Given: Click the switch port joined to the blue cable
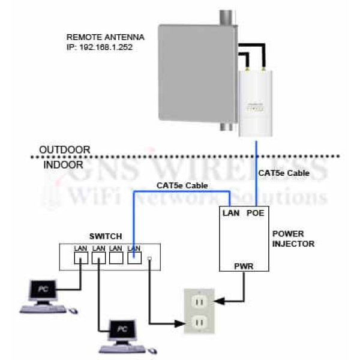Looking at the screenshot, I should pyautogui.click(x=134, y=259).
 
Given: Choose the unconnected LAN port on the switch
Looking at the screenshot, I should pyautogui.click(x=116, y=259).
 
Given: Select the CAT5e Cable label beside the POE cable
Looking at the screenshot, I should pyautogui.click(x=284, y=173).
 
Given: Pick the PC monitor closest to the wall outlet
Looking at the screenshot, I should pyautogui.click(x=122, y=330).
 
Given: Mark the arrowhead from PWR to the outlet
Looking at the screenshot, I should pyautogui.click(x=218, y=299).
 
